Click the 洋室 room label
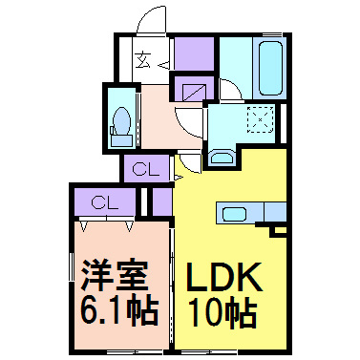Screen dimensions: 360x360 tap(115, 276)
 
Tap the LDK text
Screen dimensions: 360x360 tap(224, 277)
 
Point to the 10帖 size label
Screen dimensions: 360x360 tap(222, 313)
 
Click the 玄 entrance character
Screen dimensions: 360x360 tap(143, 60)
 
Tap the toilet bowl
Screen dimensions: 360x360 tap(121, 120)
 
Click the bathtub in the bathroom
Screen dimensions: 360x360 tap(270, 68)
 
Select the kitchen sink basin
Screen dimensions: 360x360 tap(234, 214)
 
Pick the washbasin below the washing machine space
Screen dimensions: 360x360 tap(222, 159)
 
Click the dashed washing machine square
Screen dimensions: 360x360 tap(261, 119)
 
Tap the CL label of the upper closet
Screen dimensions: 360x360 tap(145, 170)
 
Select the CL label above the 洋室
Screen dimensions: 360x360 tap(105, 202)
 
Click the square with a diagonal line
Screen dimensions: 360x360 tap(193, 93)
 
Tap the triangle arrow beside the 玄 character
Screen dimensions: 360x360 tap(164, 66)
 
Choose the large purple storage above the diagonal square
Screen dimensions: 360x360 tap(194, 53)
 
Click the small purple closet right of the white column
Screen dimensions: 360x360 tap(162, 201)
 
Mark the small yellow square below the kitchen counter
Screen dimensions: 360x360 tap(280, 230)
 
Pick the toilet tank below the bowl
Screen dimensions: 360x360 tap(121, 140)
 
